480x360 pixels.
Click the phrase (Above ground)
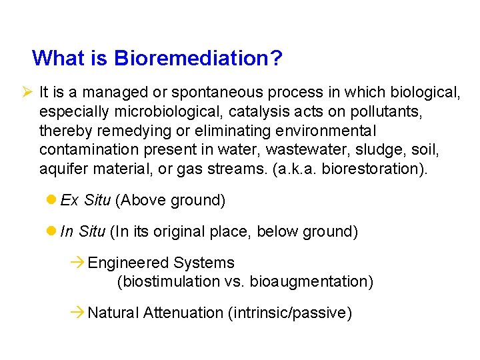tap(169, 201)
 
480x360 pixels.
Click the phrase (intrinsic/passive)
tap(290, 313)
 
